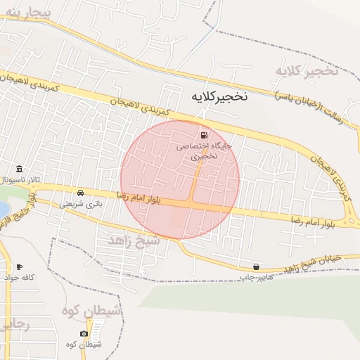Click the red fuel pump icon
tap(204, 135)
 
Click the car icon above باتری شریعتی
tap(81, 193)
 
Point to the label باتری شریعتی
tap(80, 203)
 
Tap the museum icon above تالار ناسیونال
tap(19, 169)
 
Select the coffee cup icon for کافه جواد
tap(19, 267)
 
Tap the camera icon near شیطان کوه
tap(84, 333)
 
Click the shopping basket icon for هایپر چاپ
tap(256, 266)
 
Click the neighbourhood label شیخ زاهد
tap(134, 241)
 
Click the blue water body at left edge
tap(3, 209)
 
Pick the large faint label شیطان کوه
tap(92, 310)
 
